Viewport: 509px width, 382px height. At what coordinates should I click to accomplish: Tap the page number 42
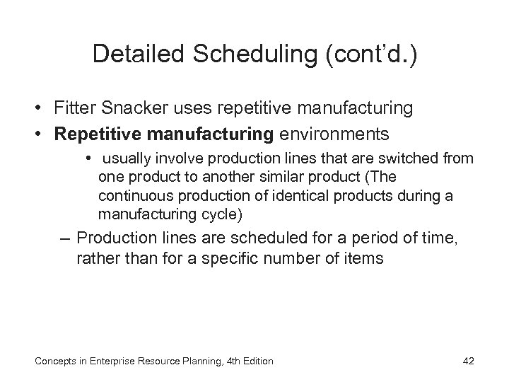(x=467, y=361)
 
